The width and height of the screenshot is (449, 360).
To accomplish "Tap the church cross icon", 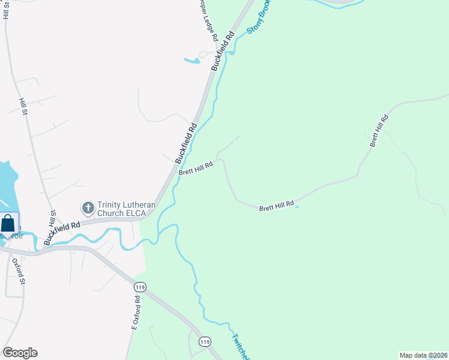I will tap(88, 208).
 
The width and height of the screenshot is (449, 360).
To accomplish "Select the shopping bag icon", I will tap(8, 223).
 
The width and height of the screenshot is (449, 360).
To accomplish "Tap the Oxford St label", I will tap(22, 271).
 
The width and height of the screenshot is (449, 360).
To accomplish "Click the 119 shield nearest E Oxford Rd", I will tap(139, 288).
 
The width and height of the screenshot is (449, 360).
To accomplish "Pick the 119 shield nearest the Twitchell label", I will tap(205, 341).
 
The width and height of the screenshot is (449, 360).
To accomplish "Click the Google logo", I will tap(20, 353).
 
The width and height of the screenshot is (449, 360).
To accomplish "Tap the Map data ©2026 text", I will tap(423, 355).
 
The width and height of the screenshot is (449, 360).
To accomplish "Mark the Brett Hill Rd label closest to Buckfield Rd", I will tap(196, 169).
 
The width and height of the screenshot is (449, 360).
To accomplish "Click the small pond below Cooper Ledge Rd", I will tap(192, 60).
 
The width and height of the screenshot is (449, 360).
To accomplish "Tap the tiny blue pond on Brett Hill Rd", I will tap(297, 208).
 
